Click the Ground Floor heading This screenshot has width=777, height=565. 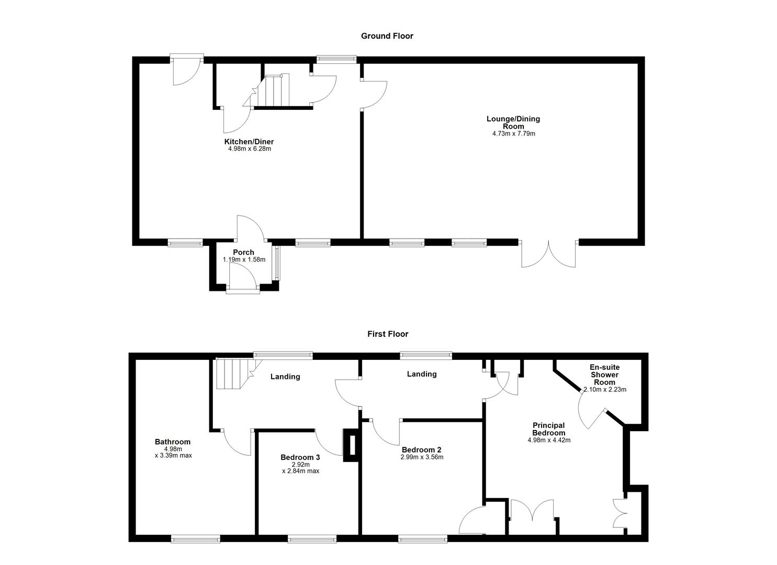387,36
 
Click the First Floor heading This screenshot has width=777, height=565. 387,334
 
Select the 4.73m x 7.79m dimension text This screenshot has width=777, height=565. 513,134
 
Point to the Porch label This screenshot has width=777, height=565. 243,252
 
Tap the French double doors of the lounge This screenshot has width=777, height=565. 548,254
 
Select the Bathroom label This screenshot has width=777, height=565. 173,442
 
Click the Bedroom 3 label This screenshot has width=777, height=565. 300,457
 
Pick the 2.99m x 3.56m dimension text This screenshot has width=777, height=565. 422,457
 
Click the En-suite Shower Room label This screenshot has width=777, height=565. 604,375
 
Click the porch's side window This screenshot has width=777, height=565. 278,263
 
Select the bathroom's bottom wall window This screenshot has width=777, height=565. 195,538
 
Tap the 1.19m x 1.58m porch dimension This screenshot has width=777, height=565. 244,259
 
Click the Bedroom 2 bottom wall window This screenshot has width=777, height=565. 422,538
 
